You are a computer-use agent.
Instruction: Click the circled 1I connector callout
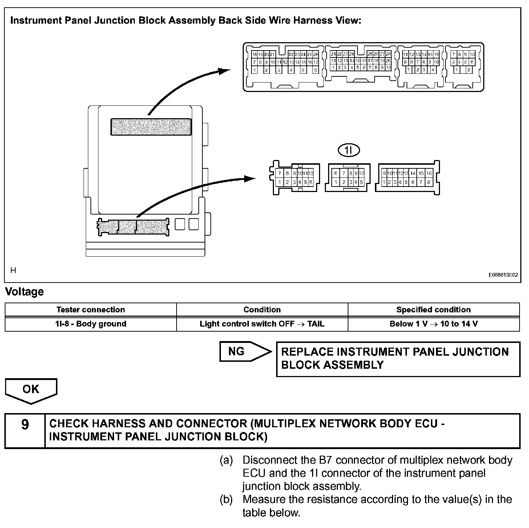click(x=348, y=150)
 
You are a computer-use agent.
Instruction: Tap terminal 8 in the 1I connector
click(x=351, y=174)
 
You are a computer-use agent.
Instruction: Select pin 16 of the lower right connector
click(x=429, y=174)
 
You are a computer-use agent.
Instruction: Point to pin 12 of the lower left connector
click(x=311, y=174)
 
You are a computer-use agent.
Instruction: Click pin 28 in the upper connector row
click(x=388, y=54)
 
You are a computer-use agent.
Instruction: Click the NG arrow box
click(x=245, y=352)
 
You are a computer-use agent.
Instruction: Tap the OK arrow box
click(x=31, y=390)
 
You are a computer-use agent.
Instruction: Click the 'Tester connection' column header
click(x=90, y=310)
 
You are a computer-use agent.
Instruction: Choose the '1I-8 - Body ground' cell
click(x=90, y=324)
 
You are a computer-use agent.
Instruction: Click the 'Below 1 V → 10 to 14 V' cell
click(x=433, y=324)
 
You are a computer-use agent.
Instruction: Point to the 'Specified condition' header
click(x=433, y=310)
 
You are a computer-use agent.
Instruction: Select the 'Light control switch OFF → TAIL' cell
click(x=262, y=324)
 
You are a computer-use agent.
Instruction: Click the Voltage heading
click(x=24, y=292)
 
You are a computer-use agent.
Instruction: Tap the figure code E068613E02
click(x=503, y=275)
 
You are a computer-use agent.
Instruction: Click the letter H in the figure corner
click(x=13, y=270)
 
